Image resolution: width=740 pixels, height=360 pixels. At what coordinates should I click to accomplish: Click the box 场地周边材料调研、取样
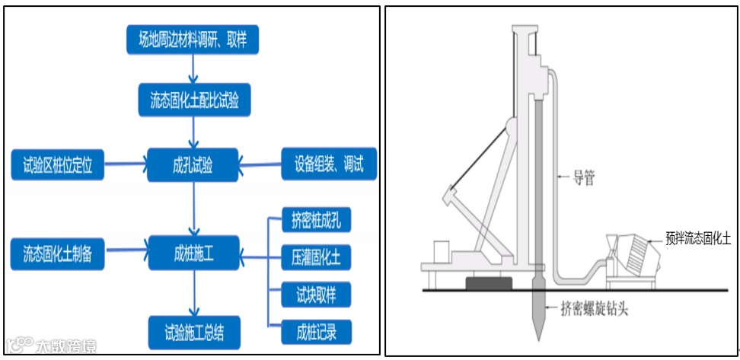[x=193, y=40]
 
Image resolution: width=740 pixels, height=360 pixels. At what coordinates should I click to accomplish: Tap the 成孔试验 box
[x=193, y=163]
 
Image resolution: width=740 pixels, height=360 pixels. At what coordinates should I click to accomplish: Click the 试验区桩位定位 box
[x=57, y=164]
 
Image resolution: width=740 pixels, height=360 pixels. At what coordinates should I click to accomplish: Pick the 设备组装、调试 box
[x=329, y=163]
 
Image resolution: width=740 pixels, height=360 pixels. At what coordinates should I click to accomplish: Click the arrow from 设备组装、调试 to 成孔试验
[x=260, y=163]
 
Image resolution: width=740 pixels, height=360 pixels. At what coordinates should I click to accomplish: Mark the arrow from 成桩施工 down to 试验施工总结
[x=193, y=293]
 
